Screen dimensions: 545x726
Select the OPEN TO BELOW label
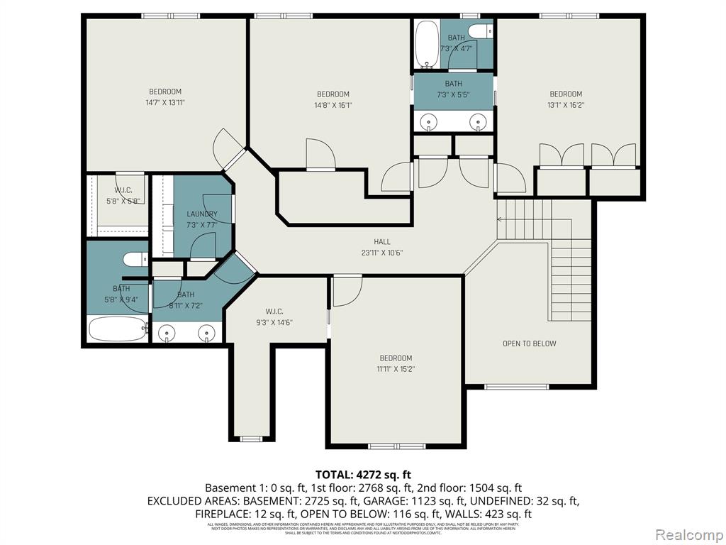click(x=529, y=343)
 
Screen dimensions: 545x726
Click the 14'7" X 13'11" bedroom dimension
click(x=165, y=102)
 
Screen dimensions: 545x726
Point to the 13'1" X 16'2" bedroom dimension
click(x=566, y=105)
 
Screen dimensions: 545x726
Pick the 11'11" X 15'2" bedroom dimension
click(x=395, y=369)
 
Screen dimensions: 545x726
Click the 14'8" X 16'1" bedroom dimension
click(x=333, y=105)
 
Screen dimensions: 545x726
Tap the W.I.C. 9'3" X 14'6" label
click(x=274, y=317)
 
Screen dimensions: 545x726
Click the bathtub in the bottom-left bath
click(x=117, y=329)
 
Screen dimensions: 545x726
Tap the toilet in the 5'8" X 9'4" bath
click(x=135, y=260)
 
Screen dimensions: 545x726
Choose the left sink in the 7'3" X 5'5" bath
click(x=429, y=122)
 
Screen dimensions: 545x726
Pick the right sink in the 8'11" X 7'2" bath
click(x=206, y=331)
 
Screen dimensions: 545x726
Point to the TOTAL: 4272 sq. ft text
click(x=363, y=475)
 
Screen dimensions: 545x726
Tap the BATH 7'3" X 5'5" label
click(x=453, y=89)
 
